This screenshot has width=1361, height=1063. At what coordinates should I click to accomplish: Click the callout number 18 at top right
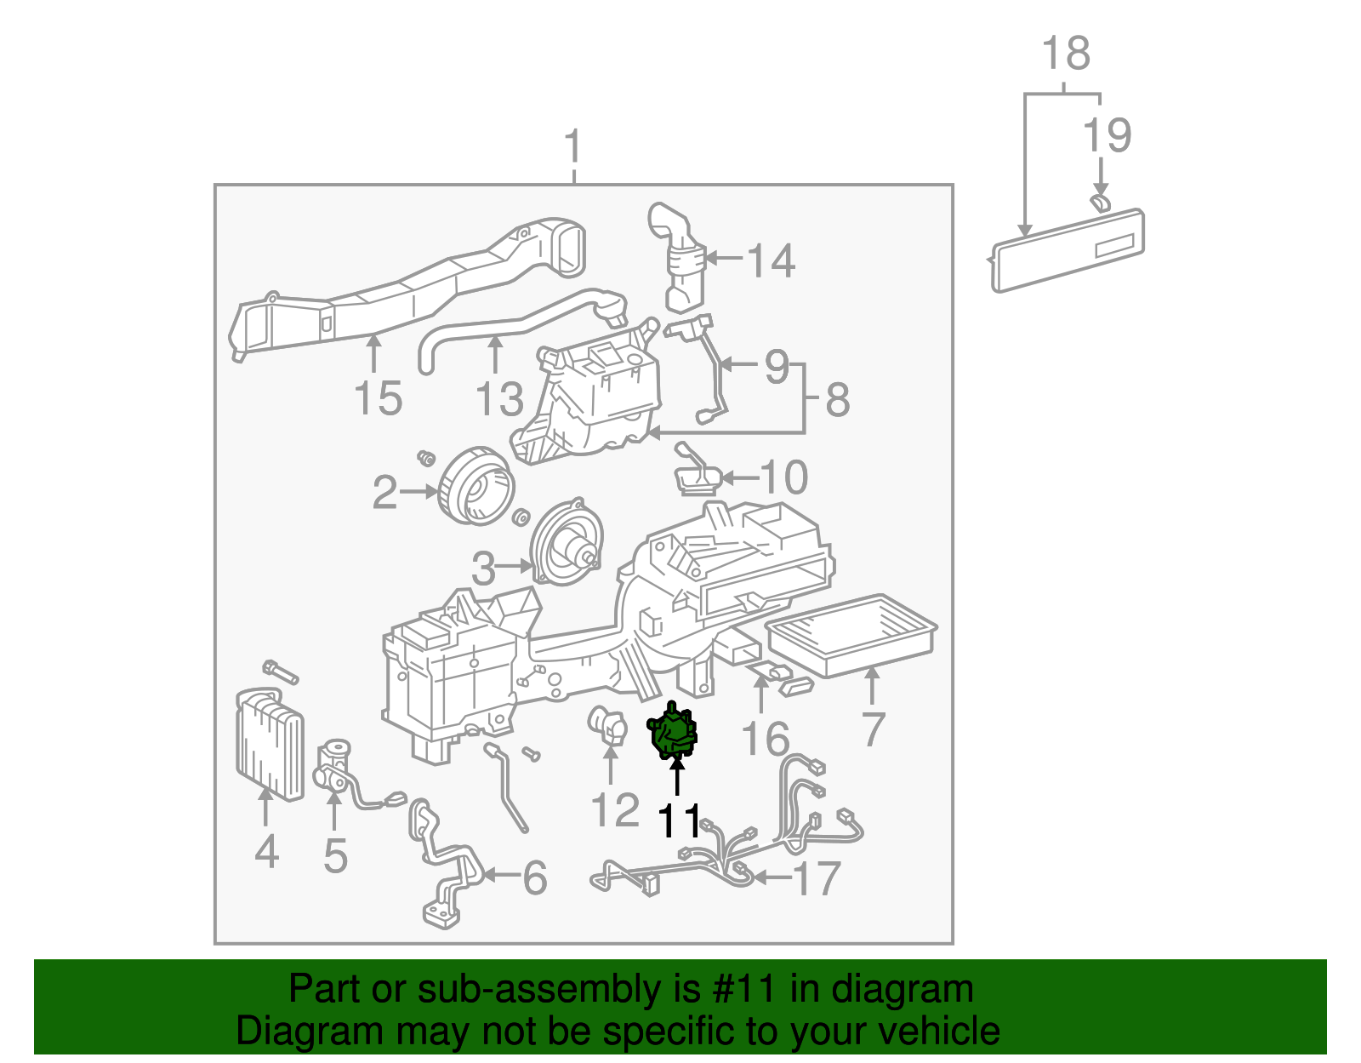coord(1066,54)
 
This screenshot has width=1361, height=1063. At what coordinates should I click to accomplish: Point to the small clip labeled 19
coord(1099,203)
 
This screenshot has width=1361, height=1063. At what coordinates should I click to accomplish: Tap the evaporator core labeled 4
coord(270,745)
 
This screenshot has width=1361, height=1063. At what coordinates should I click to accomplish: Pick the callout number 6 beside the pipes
coord(534,877)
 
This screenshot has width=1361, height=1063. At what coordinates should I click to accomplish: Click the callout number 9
coord(777,366)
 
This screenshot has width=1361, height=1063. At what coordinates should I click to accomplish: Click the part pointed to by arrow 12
coord(607,729)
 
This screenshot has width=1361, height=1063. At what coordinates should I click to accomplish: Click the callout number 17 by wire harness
coord(816,878)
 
